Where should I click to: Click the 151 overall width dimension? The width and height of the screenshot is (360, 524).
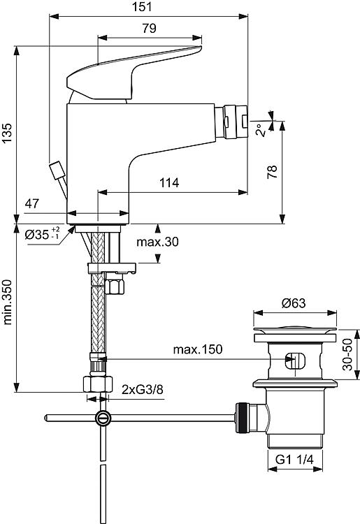142,7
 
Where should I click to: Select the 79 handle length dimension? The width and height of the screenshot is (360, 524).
149,28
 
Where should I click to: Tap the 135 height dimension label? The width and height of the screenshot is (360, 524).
7,133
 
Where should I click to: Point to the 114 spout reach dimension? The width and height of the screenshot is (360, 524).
168,183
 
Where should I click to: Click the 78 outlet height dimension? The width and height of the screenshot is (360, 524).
273,172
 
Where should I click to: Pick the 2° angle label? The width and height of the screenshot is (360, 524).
261,130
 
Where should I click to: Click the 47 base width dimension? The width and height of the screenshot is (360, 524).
31,203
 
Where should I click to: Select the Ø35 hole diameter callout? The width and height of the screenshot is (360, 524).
43,233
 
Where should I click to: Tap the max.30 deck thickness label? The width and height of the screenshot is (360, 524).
157,241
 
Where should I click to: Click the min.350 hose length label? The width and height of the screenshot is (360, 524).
7,302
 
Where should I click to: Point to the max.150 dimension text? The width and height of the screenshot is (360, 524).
198,349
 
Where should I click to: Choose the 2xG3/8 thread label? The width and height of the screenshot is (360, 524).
143,389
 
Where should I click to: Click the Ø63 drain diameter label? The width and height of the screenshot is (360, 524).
294,303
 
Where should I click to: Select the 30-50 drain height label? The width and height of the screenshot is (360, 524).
348,354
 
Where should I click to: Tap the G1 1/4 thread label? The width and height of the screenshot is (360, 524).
294,460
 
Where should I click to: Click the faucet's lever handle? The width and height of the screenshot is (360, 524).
134,72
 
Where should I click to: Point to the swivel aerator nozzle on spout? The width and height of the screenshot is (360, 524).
231,122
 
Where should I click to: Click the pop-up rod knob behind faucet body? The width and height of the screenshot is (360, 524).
57,170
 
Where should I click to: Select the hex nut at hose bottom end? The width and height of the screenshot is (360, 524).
98,384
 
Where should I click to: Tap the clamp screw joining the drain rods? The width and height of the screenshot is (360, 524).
103,418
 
